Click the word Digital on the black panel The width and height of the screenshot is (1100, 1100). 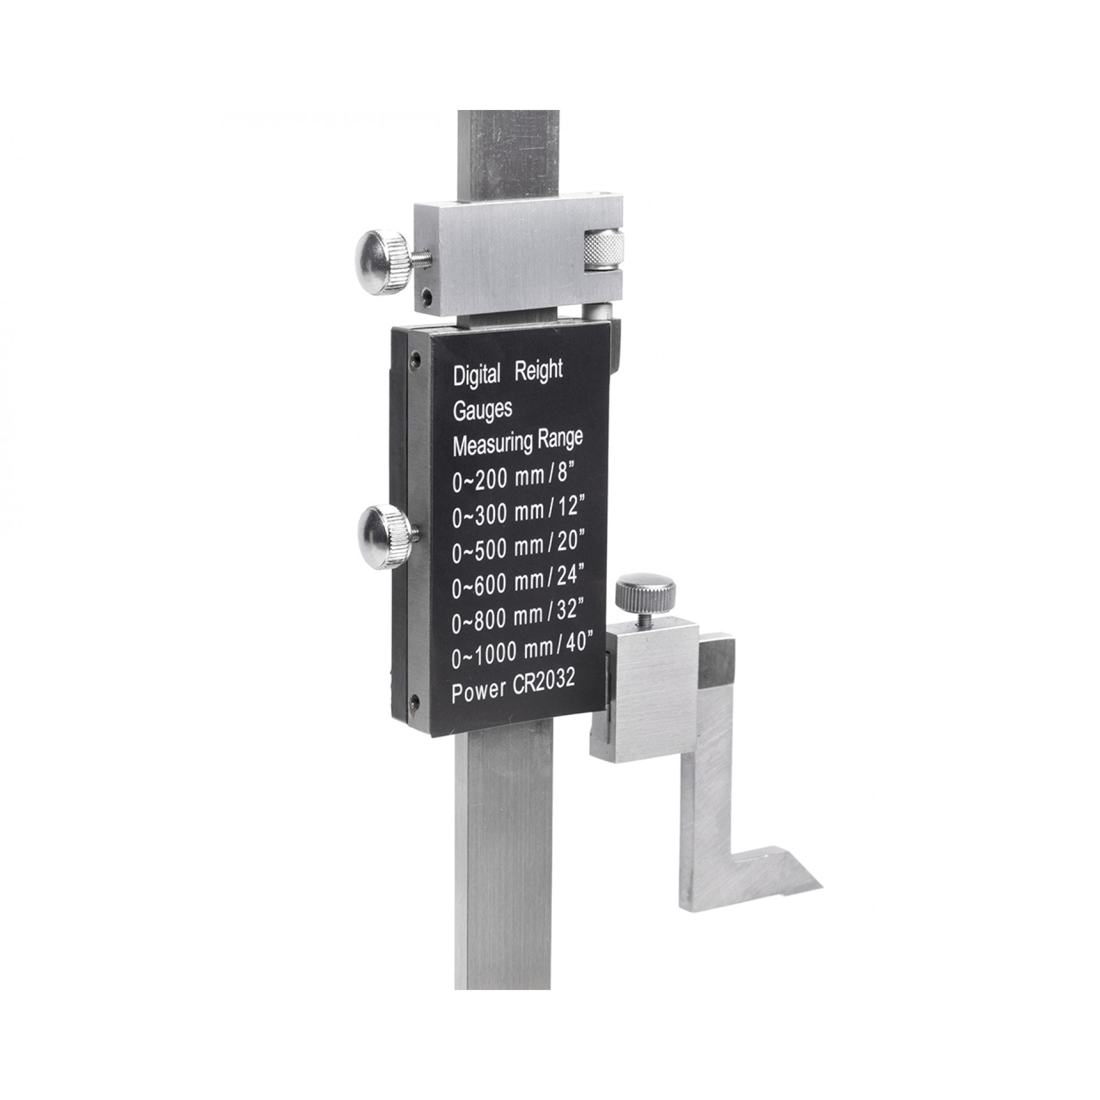pos(476,376)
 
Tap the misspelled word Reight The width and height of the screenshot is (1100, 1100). pos(538,371)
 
